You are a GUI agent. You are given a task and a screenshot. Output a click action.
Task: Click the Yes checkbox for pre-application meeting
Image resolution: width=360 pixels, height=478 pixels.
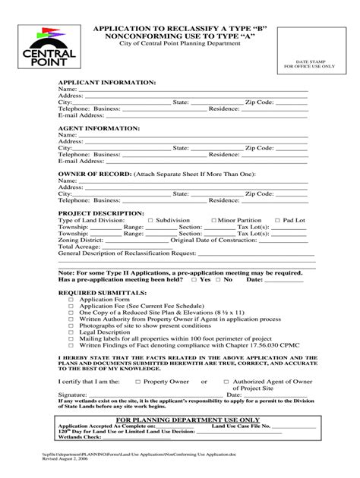pyautogui.click(x=195, y=279)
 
